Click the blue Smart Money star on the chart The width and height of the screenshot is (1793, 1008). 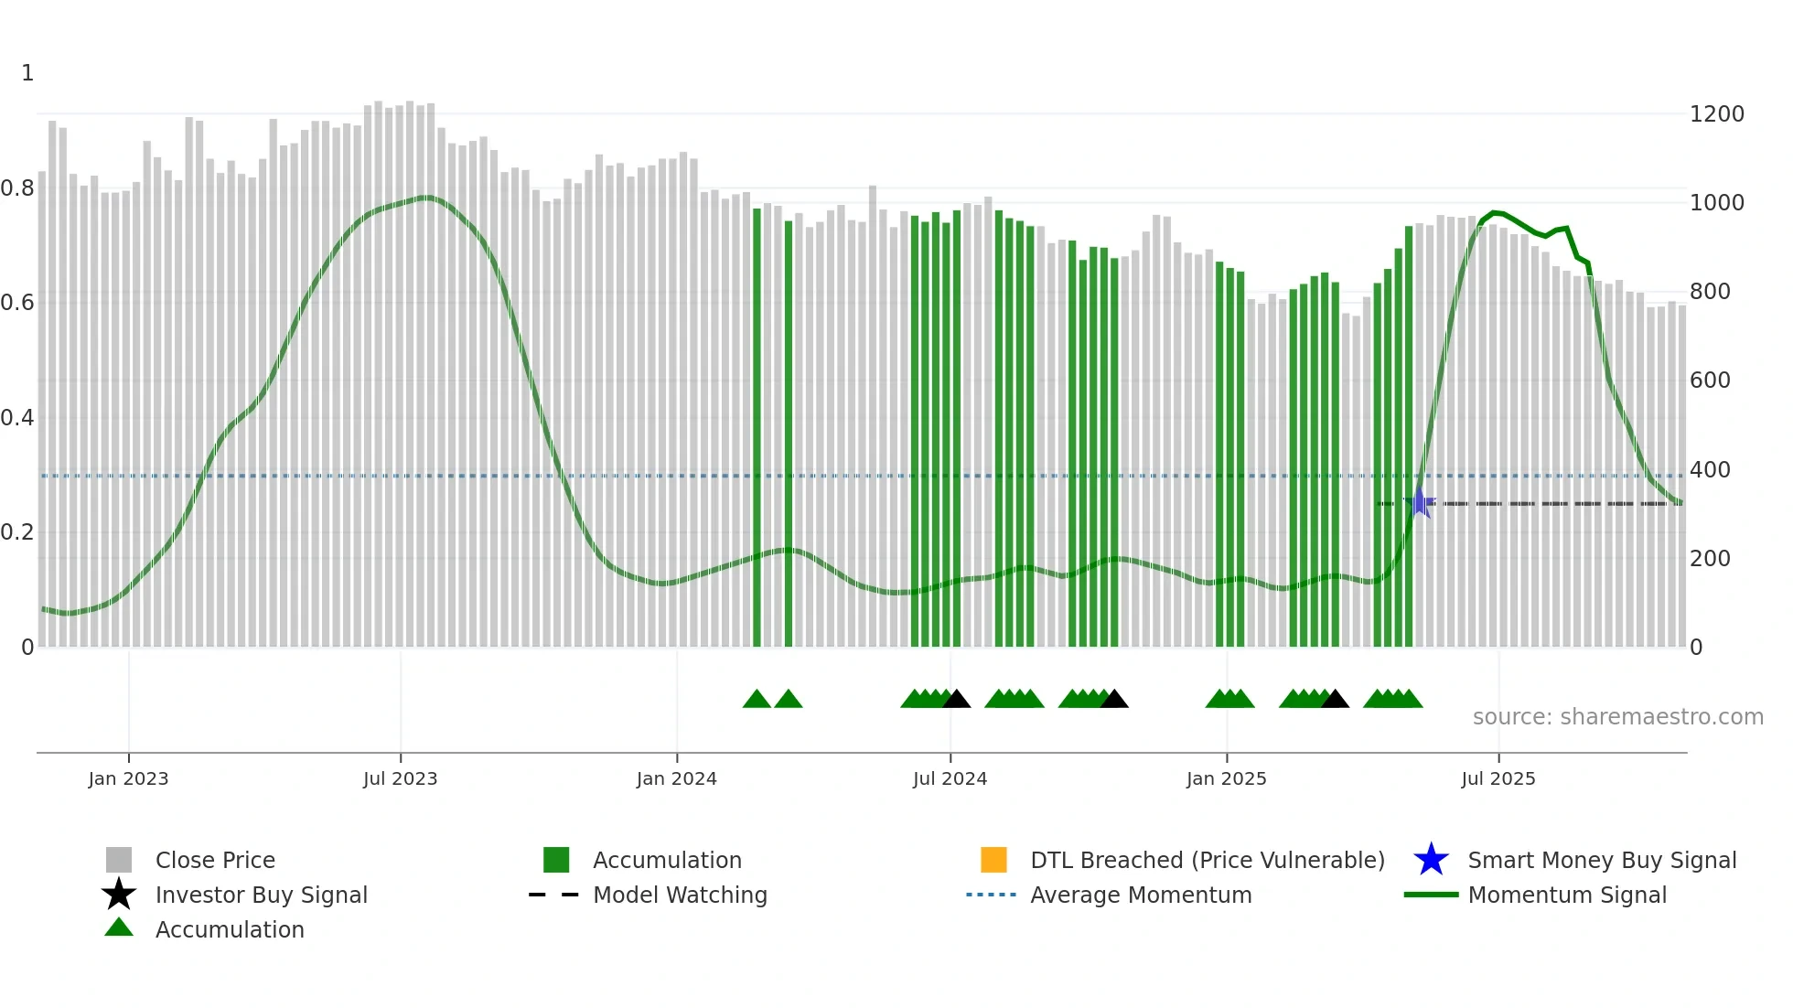[x=1420, y=502]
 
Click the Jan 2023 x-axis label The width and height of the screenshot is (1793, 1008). [x=128, y=778]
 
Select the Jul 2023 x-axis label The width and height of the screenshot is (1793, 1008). [x=400, y=778]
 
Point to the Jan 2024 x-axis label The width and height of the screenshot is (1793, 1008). [x=676, y=778]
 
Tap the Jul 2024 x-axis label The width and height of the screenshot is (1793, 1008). [x=950, y=778]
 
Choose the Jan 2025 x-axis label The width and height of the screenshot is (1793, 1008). [x=1226, y=778]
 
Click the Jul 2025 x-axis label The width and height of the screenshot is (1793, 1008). [x=1498, y=778]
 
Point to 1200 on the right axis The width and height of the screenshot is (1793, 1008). [x=1716, y=114]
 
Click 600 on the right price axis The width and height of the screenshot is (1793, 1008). [x=1710, y=381]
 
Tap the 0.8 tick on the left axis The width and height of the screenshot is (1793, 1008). [x=18, y=188]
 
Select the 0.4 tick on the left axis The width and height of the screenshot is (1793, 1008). [x=18, y=418]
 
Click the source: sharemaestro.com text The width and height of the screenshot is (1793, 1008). [x=1617, y=717]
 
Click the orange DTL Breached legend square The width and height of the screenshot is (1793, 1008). [x=993, y=860]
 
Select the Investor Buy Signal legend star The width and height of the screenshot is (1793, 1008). [x=119, y=895]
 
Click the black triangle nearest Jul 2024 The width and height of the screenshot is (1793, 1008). [x=956, y=700]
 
